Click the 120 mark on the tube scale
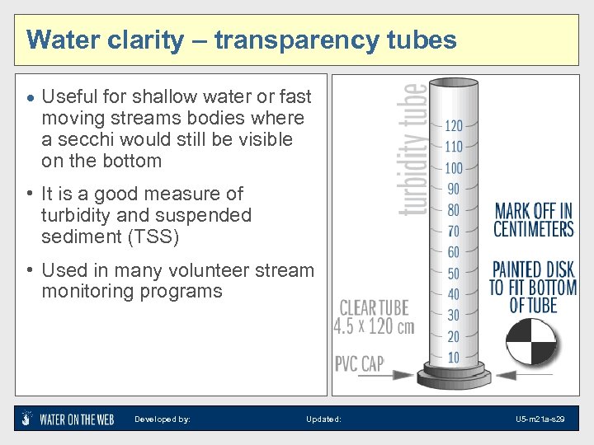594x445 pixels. pos(454,126)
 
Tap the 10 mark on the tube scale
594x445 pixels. pos(454,358)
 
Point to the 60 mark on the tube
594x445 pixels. pos(454,252)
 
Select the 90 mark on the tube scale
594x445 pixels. pos(454,190)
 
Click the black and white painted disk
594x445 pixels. pos(530,341)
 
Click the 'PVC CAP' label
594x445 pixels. pos(360,363)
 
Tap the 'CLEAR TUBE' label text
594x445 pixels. pos(373,308)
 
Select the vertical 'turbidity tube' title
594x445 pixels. pos(413,149)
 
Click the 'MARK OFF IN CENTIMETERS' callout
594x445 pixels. pos(533,218)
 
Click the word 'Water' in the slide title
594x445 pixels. pos(60,40)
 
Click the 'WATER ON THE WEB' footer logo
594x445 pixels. pos(68,419)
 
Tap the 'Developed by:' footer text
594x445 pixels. pos(163,419)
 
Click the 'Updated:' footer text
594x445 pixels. pos(323,419)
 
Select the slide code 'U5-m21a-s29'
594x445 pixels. pos(540,419)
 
